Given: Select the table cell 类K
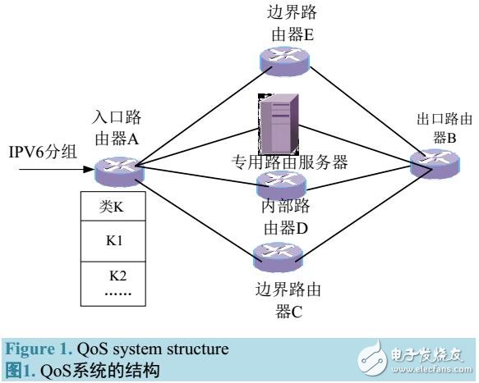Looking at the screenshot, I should [110, 207].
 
